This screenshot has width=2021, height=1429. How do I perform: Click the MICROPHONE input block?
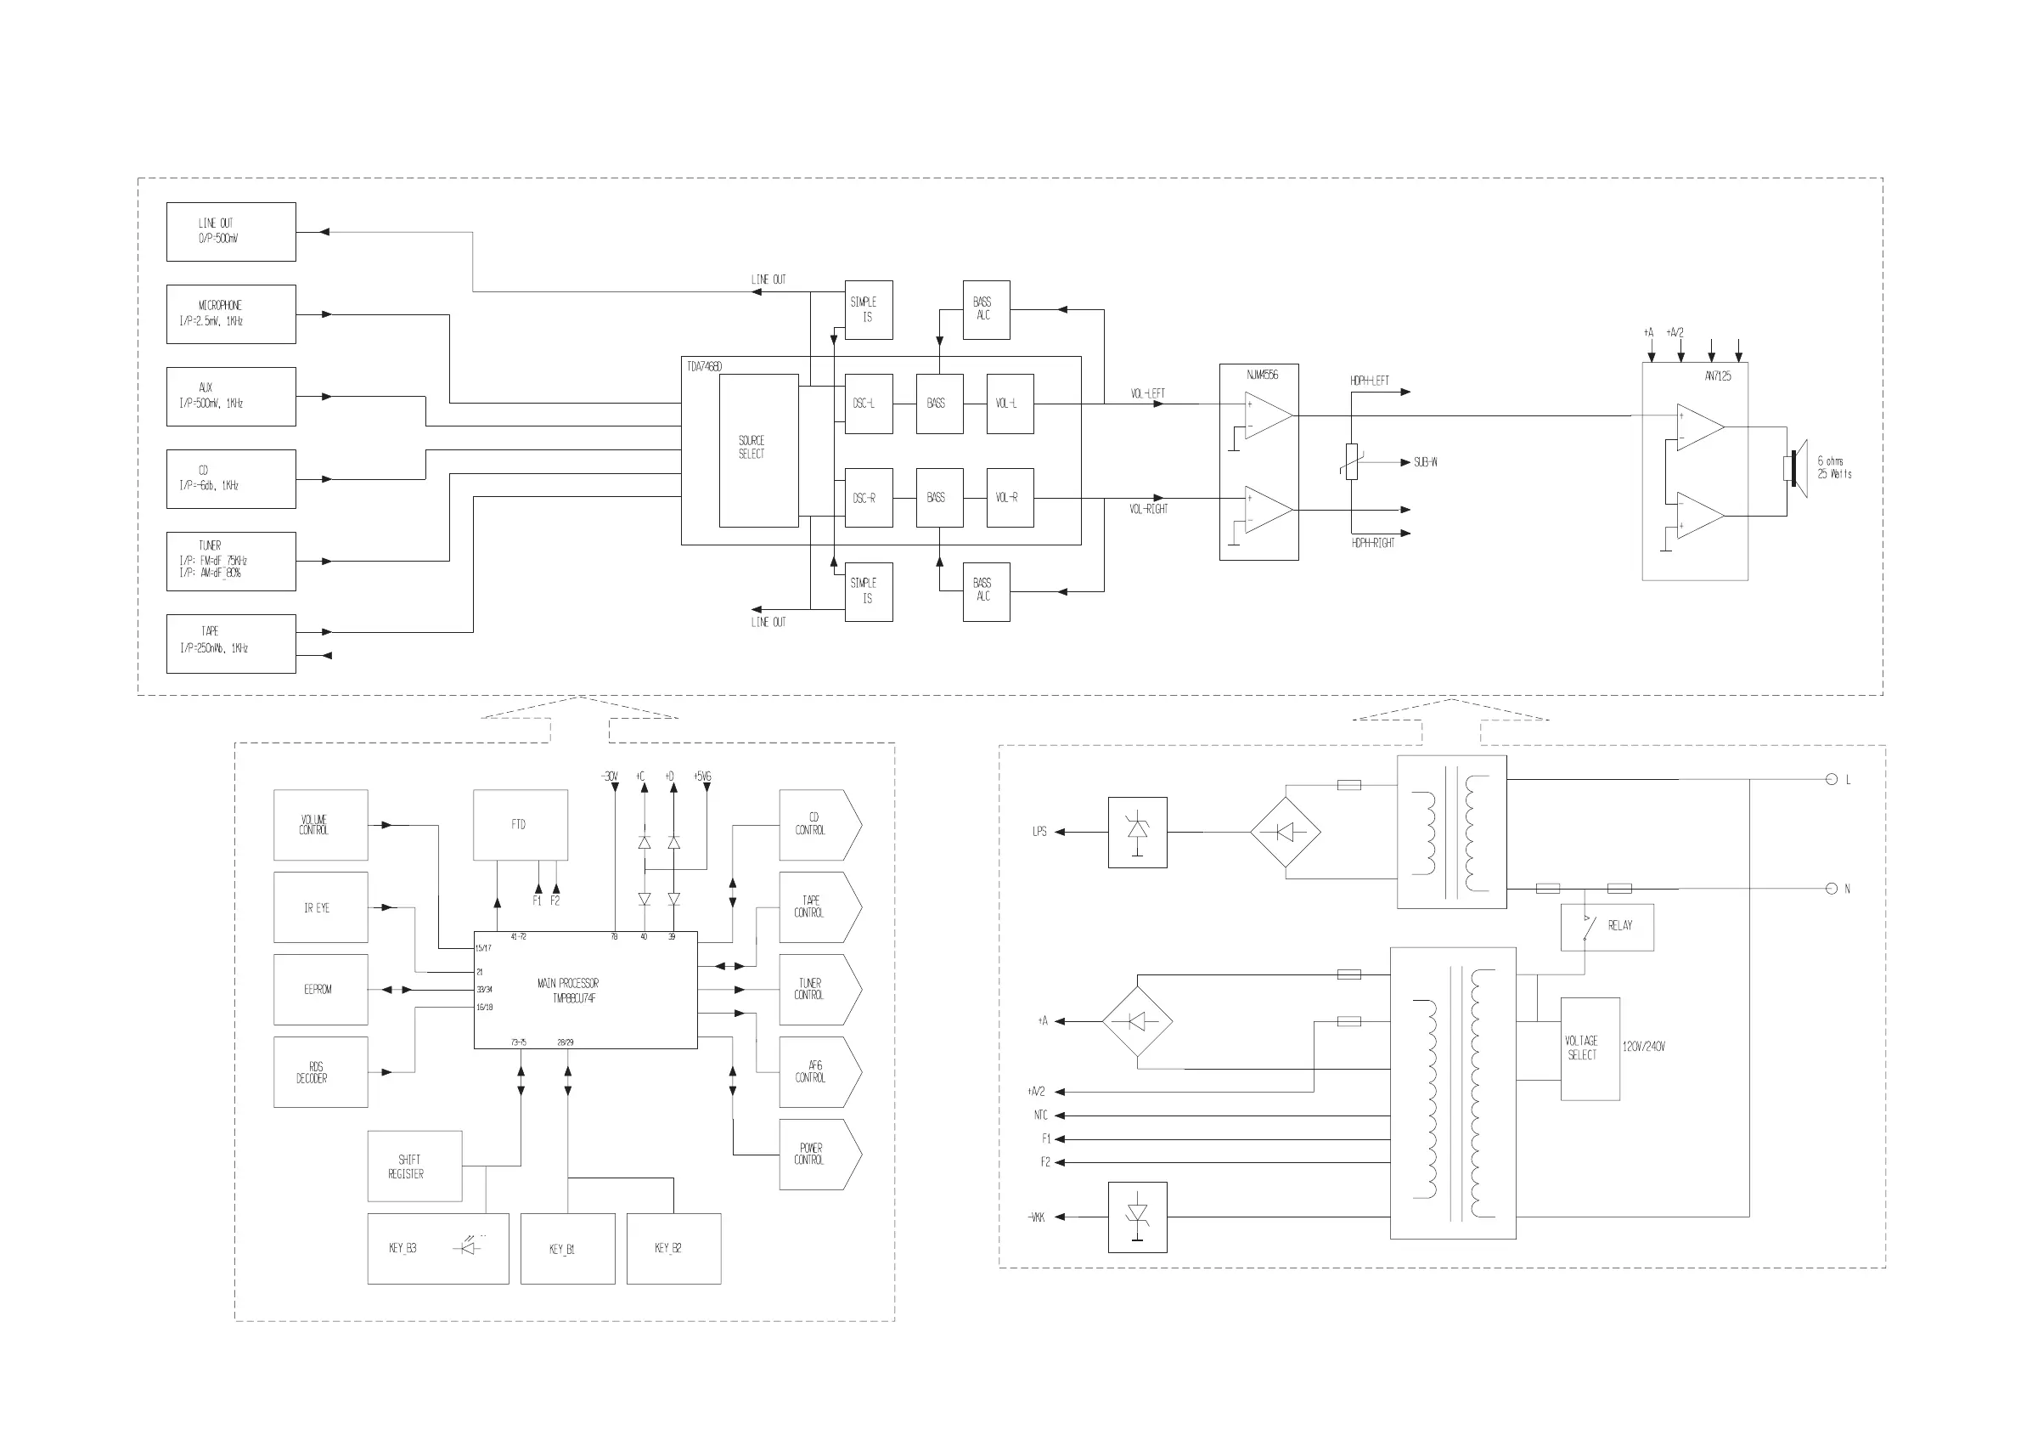pos(231,313)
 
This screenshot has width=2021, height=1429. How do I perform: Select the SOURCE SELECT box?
pos(757,450)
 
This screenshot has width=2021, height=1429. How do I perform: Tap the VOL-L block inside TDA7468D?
pos(1010,404)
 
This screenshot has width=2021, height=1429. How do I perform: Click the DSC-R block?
pos(868,498)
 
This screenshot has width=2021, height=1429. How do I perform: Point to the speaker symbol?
pos(1795,467)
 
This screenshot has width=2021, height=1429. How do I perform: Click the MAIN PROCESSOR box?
pos(585,990)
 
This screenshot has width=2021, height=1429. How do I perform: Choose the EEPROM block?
pos(320,989)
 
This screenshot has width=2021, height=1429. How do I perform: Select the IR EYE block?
pos(320,907)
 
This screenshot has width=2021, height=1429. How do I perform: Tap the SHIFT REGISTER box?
pos(414,1166)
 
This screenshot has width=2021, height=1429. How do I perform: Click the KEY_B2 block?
pos(673,1248)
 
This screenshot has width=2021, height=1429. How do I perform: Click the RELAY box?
pos(1607,927)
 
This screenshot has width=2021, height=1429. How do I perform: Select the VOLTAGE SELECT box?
pos(1590,1048)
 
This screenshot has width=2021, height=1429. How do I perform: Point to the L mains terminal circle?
pos(1832,779)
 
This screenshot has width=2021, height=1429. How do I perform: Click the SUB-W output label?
pos(1425,462)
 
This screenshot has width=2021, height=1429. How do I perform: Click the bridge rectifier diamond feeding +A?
pos(1137,1021)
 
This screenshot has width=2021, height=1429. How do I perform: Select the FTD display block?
pos(521,824)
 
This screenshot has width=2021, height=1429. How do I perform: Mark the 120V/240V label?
pos(1643,1047)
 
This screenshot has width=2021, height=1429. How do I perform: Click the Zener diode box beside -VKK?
pos(1137,1217)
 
